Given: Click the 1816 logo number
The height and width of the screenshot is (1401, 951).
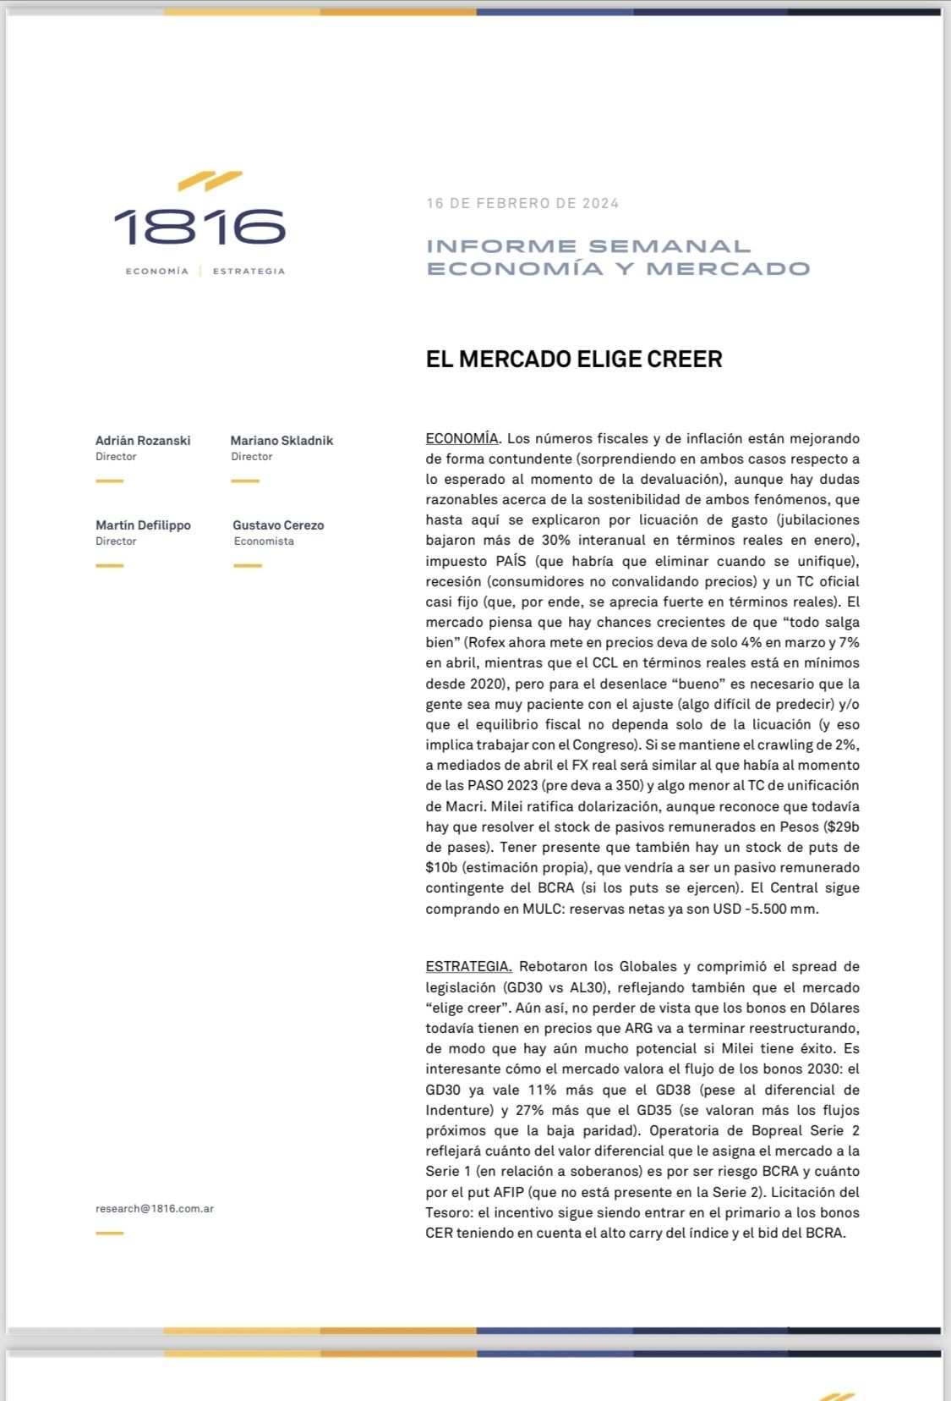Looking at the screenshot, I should [x=199, y=227].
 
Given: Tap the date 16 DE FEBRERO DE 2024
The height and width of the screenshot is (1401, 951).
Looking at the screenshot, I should [x=522, y=203].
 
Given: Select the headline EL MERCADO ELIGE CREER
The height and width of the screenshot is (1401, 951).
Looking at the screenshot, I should [x=574, y=359].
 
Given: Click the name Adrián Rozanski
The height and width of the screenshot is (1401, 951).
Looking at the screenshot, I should [x=143, y=441].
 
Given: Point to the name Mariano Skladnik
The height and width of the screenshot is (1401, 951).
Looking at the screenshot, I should [x=281, y=441].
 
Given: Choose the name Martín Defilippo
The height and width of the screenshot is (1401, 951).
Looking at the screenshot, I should [x=143, y=525].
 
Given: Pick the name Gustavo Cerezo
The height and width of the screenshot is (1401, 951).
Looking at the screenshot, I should [x=278, y=525].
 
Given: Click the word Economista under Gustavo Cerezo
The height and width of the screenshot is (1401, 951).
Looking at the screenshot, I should [x=264, y=541].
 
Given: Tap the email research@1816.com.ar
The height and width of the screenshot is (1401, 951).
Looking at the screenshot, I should [x=155, y=1209].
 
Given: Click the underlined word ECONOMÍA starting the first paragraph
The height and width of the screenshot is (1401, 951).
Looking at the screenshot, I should [x=462, y=438].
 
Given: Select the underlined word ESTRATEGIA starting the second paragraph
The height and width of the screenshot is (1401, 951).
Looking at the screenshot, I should [x=468, y=966].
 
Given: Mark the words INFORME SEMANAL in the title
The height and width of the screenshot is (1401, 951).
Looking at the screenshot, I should [x=588, y=246].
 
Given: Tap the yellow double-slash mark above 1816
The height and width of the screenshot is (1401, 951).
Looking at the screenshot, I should [x=210, y=180].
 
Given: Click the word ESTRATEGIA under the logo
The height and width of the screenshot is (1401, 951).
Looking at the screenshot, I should [x=249, y=272].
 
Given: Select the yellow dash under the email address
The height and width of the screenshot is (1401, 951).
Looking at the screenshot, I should [x=109, y=1233].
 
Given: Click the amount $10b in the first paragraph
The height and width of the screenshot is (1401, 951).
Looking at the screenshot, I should [x=442, y=867].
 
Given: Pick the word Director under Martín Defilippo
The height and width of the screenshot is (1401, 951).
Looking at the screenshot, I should [x=116, y=541].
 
